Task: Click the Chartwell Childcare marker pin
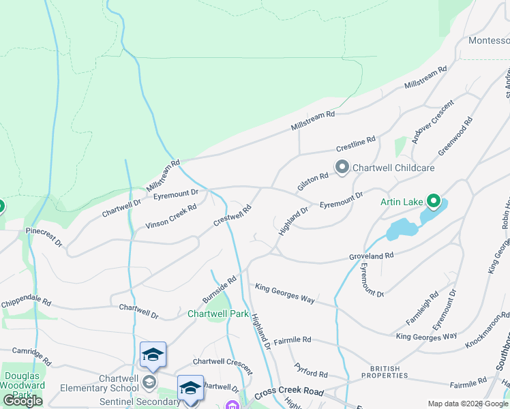click(x=342, y=167)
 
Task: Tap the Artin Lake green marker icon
click(x=433, y=201)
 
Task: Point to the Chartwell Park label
click(x=218, y=314)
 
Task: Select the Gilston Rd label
click(x=312, y=181)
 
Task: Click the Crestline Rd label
click(x=356, y=144)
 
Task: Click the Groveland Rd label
click(x=372, y=256)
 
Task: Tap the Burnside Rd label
click(x=219, y=290)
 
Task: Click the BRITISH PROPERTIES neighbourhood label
click(x=385, y=372)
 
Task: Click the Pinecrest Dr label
click(x=44, y=237)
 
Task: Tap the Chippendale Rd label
click(x=25, y=301)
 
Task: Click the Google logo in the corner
click(x=22, y=400)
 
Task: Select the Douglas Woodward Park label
click(x=23, y=385)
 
